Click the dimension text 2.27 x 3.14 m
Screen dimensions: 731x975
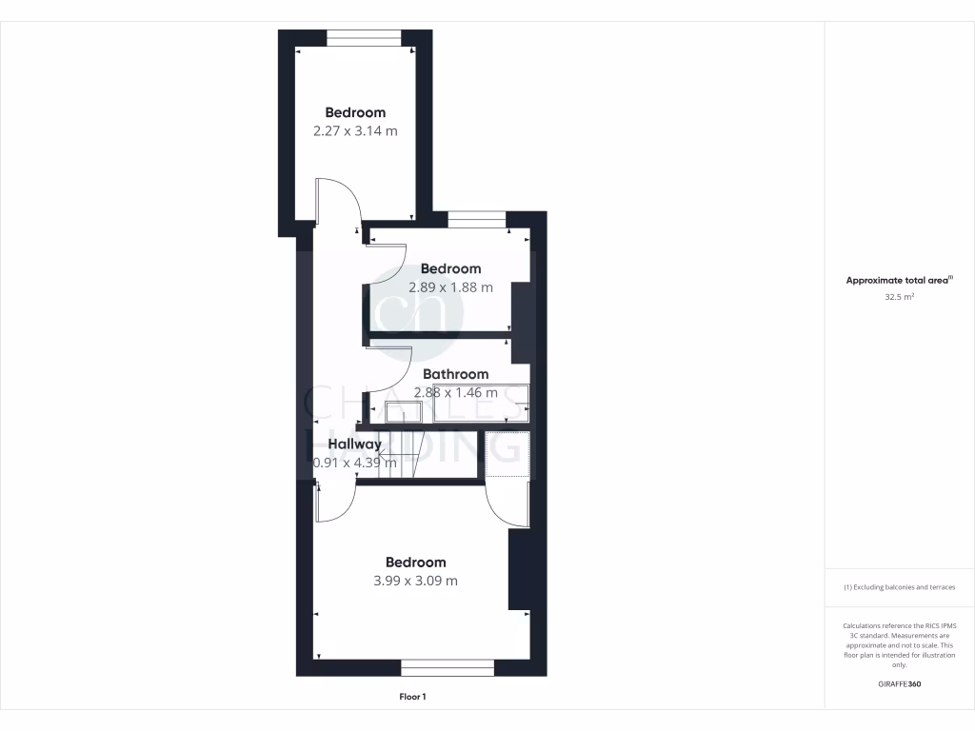pos(355,131)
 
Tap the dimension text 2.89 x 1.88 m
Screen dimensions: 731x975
pos(450,287)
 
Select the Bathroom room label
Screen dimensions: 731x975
pos(455,374)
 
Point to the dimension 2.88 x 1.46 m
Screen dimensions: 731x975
pos(455,392)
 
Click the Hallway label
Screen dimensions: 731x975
pos(355,445)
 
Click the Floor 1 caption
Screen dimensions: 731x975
pos(412,697)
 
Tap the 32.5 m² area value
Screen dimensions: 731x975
pos(899,297)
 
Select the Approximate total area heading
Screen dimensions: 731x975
pos(899,281)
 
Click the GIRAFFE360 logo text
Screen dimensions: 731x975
pos(899,684)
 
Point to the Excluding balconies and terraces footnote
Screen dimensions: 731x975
pos(899,587)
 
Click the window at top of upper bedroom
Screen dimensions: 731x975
pos(364,38)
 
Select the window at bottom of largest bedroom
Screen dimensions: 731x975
pos(447,667)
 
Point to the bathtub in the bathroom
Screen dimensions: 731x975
pos(481,403)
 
